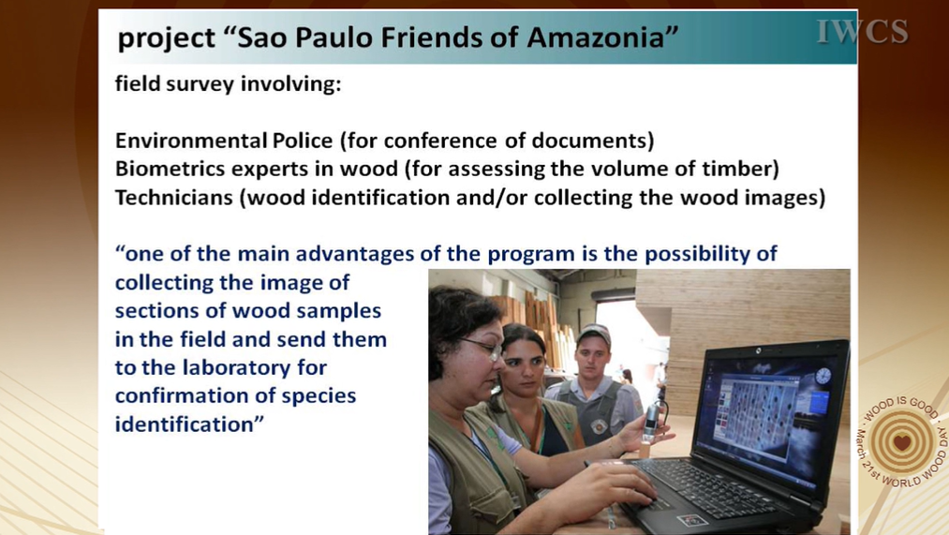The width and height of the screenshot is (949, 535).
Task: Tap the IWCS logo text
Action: pyautogui.click(x=863, y=32)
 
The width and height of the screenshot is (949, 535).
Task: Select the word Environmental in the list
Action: pyautogui.click(x=191, y=141)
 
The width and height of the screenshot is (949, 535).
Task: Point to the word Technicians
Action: pyautogui.click(x=173, y=198)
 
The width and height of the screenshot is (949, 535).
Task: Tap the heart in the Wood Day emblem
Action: pyautogui.click(x=902, y=442)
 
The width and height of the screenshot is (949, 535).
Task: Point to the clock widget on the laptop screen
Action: pyautogui.click(x=823, y=377)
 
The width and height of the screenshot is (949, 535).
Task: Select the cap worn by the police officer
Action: pyautogui.click(x=594, y=334)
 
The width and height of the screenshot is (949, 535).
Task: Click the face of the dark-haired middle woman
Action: pyautogui.click(x=523, y=364)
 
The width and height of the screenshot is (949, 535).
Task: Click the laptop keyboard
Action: pyautogui.click(x=708, y=485)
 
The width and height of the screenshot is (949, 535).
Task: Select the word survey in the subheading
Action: pyautogui.click(x=200, y=83)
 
